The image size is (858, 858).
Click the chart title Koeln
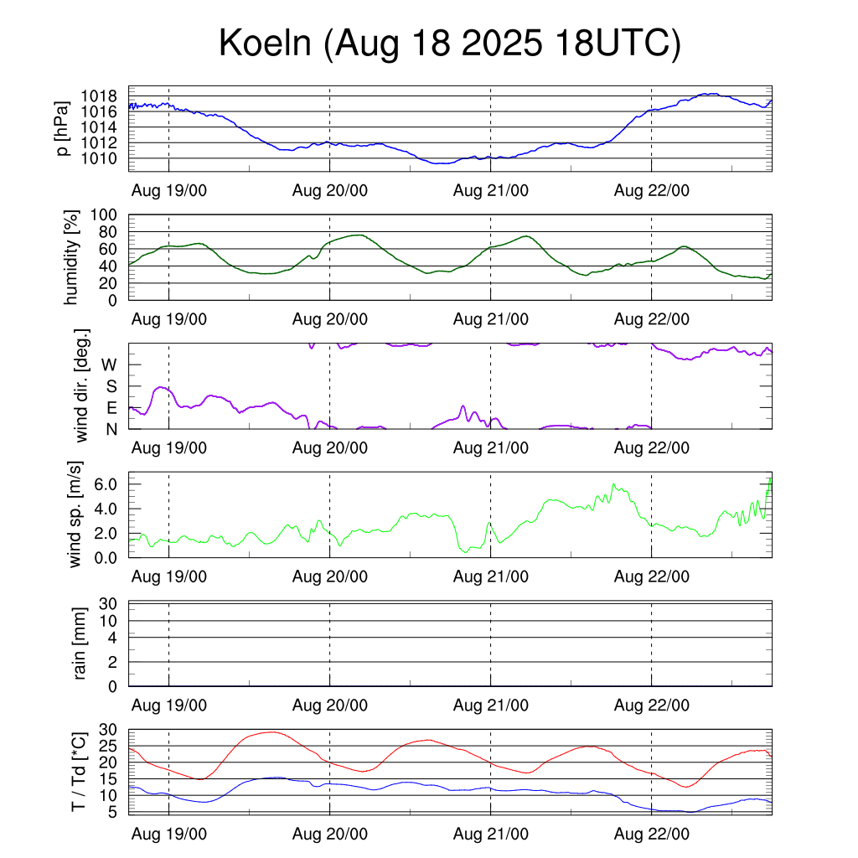(449, 44)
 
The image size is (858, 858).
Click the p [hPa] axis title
(63, 128)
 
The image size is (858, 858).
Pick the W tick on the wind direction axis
(110, 364)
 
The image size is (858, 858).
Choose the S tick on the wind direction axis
(111, 386)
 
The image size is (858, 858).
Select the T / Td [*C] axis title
(78, 771)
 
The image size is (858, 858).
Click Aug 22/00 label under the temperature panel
(652, 835)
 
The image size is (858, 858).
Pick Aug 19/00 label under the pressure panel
(169, 190)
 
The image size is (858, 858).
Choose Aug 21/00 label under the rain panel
(491, 706)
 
